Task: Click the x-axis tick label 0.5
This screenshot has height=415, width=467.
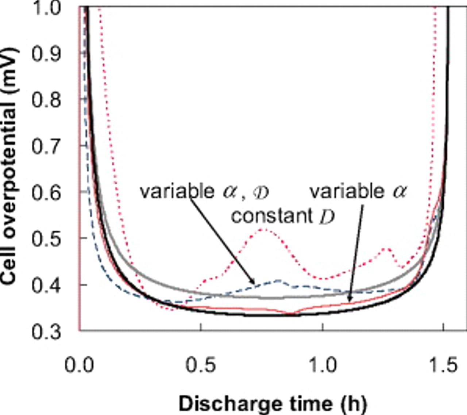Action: click(200, 365)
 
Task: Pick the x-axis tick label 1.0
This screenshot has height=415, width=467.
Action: click(323, 365)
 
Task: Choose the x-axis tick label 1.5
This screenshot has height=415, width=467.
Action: click(443, 365)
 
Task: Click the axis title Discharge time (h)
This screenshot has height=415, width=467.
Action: click(273, 404)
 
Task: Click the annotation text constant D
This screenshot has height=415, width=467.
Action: click(283, 216)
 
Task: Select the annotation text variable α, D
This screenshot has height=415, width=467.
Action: click(204, 191)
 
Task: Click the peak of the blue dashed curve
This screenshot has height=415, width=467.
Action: click(278, 280)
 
